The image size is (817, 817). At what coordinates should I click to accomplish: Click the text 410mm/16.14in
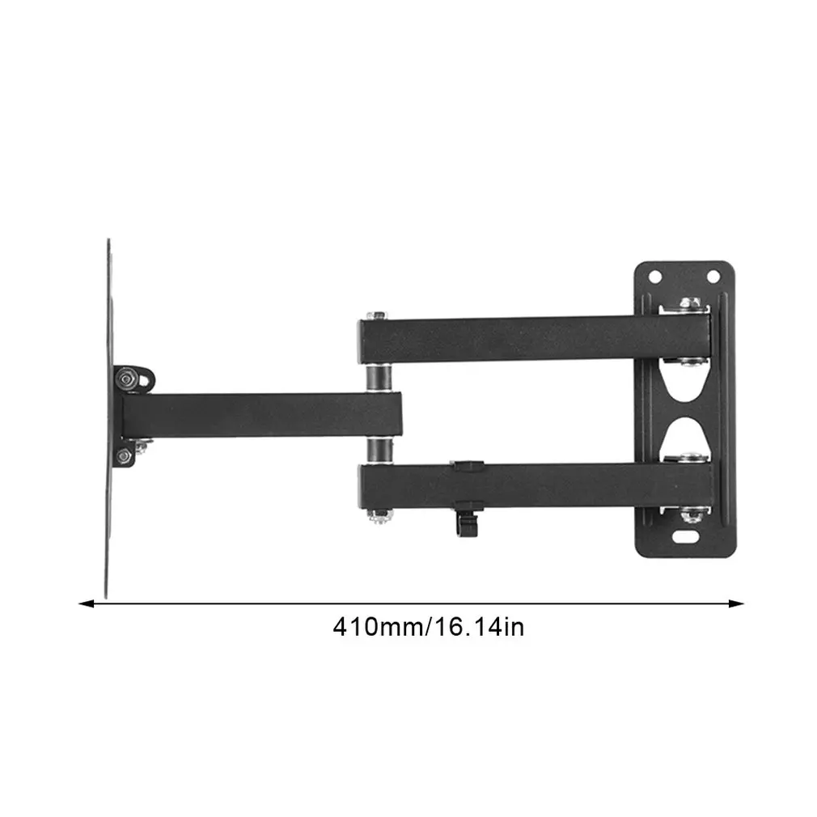[428, 627]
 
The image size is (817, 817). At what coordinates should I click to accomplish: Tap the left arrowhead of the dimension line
[86, 603]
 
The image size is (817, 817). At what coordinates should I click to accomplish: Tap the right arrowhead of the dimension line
[736, 603]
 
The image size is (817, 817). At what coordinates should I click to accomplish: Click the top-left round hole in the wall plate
[655, 277]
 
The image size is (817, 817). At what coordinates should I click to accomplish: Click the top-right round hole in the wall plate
[713, 277]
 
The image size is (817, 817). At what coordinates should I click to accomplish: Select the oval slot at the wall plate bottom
[686, 535]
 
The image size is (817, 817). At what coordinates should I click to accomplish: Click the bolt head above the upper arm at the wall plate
[690, 304]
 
